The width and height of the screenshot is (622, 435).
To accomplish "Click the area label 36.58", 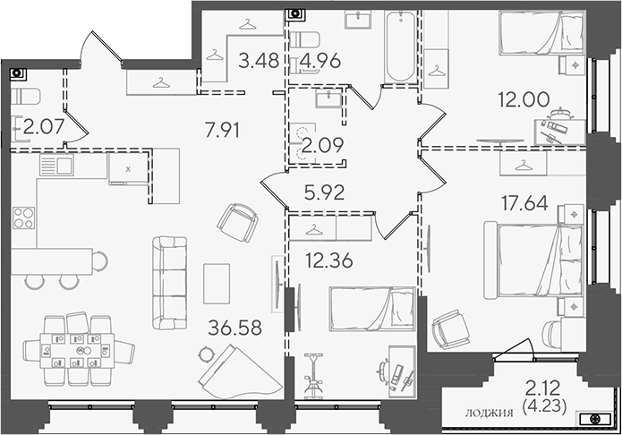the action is [234, 328].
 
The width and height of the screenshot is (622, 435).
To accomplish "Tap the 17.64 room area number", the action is [524, 203].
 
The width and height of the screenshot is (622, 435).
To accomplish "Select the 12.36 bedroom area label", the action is [328, 260].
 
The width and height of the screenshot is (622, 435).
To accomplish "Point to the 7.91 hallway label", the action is [222, 130].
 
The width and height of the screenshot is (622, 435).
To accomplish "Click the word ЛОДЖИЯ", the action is [489, 414].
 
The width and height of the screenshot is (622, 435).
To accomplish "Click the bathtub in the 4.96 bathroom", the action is [401, 46].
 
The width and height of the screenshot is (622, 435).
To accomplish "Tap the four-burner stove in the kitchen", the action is [23, 217].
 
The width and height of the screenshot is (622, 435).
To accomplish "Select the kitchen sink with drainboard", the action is [56, 165].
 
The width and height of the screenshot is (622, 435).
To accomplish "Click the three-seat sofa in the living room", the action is [169, 283].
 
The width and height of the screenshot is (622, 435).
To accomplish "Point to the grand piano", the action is [239, 371].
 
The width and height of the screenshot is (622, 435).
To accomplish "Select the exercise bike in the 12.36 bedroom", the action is [313, 376].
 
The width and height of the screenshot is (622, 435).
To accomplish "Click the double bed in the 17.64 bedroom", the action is [534, 260].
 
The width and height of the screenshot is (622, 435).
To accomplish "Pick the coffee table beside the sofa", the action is [217, 284].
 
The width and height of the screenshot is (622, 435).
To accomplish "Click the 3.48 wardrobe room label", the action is [259, 61].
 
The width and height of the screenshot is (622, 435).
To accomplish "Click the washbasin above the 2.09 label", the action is [328, 98].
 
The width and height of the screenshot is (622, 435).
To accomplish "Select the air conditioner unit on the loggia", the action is [595, 418].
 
